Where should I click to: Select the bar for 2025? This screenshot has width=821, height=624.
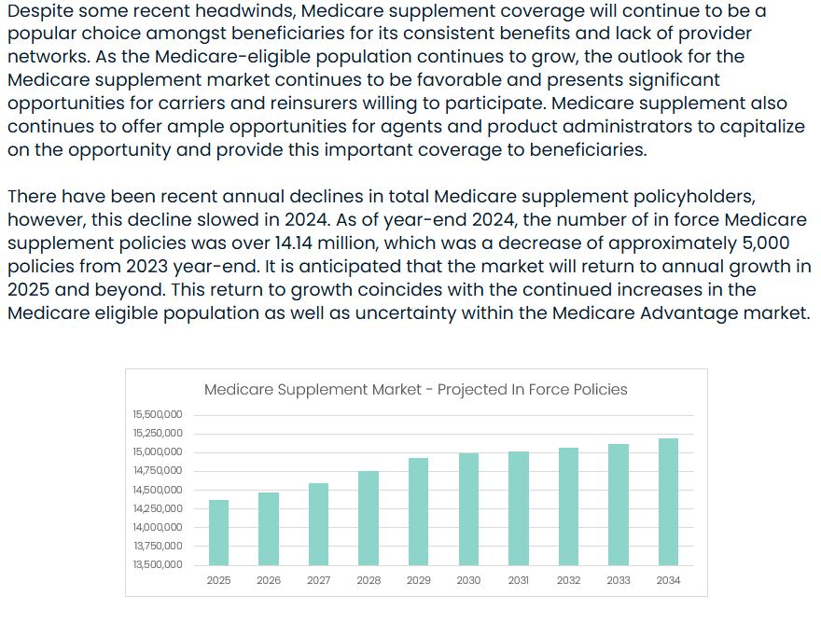tap(218, 533)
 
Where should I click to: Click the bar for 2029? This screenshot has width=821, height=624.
tap(418, 511)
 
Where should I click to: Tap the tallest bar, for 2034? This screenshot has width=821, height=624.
tap(668, 502)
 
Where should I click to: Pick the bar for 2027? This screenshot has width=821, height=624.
tap(318, 524)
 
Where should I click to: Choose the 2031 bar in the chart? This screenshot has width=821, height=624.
tap(519, 508)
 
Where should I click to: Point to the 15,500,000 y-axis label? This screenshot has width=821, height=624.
tap(158, 414)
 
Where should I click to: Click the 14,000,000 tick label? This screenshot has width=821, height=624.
tap(158, 527)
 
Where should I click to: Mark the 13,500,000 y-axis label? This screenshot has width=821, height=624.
tap(158, 564)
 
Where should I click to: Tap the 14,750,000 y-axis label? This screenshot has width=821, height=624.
tap(158, 470)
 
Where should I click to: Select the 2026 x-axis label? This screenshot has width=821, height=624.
tap(269, 580)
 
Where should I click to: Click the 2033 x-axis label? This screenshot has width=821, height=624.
tap(619, 580)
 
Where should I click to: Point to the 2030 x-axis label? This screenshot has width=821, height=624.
tap(468, 580)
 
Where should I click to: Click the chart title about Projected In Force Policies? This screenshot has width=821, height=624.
tap(416, 390)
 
